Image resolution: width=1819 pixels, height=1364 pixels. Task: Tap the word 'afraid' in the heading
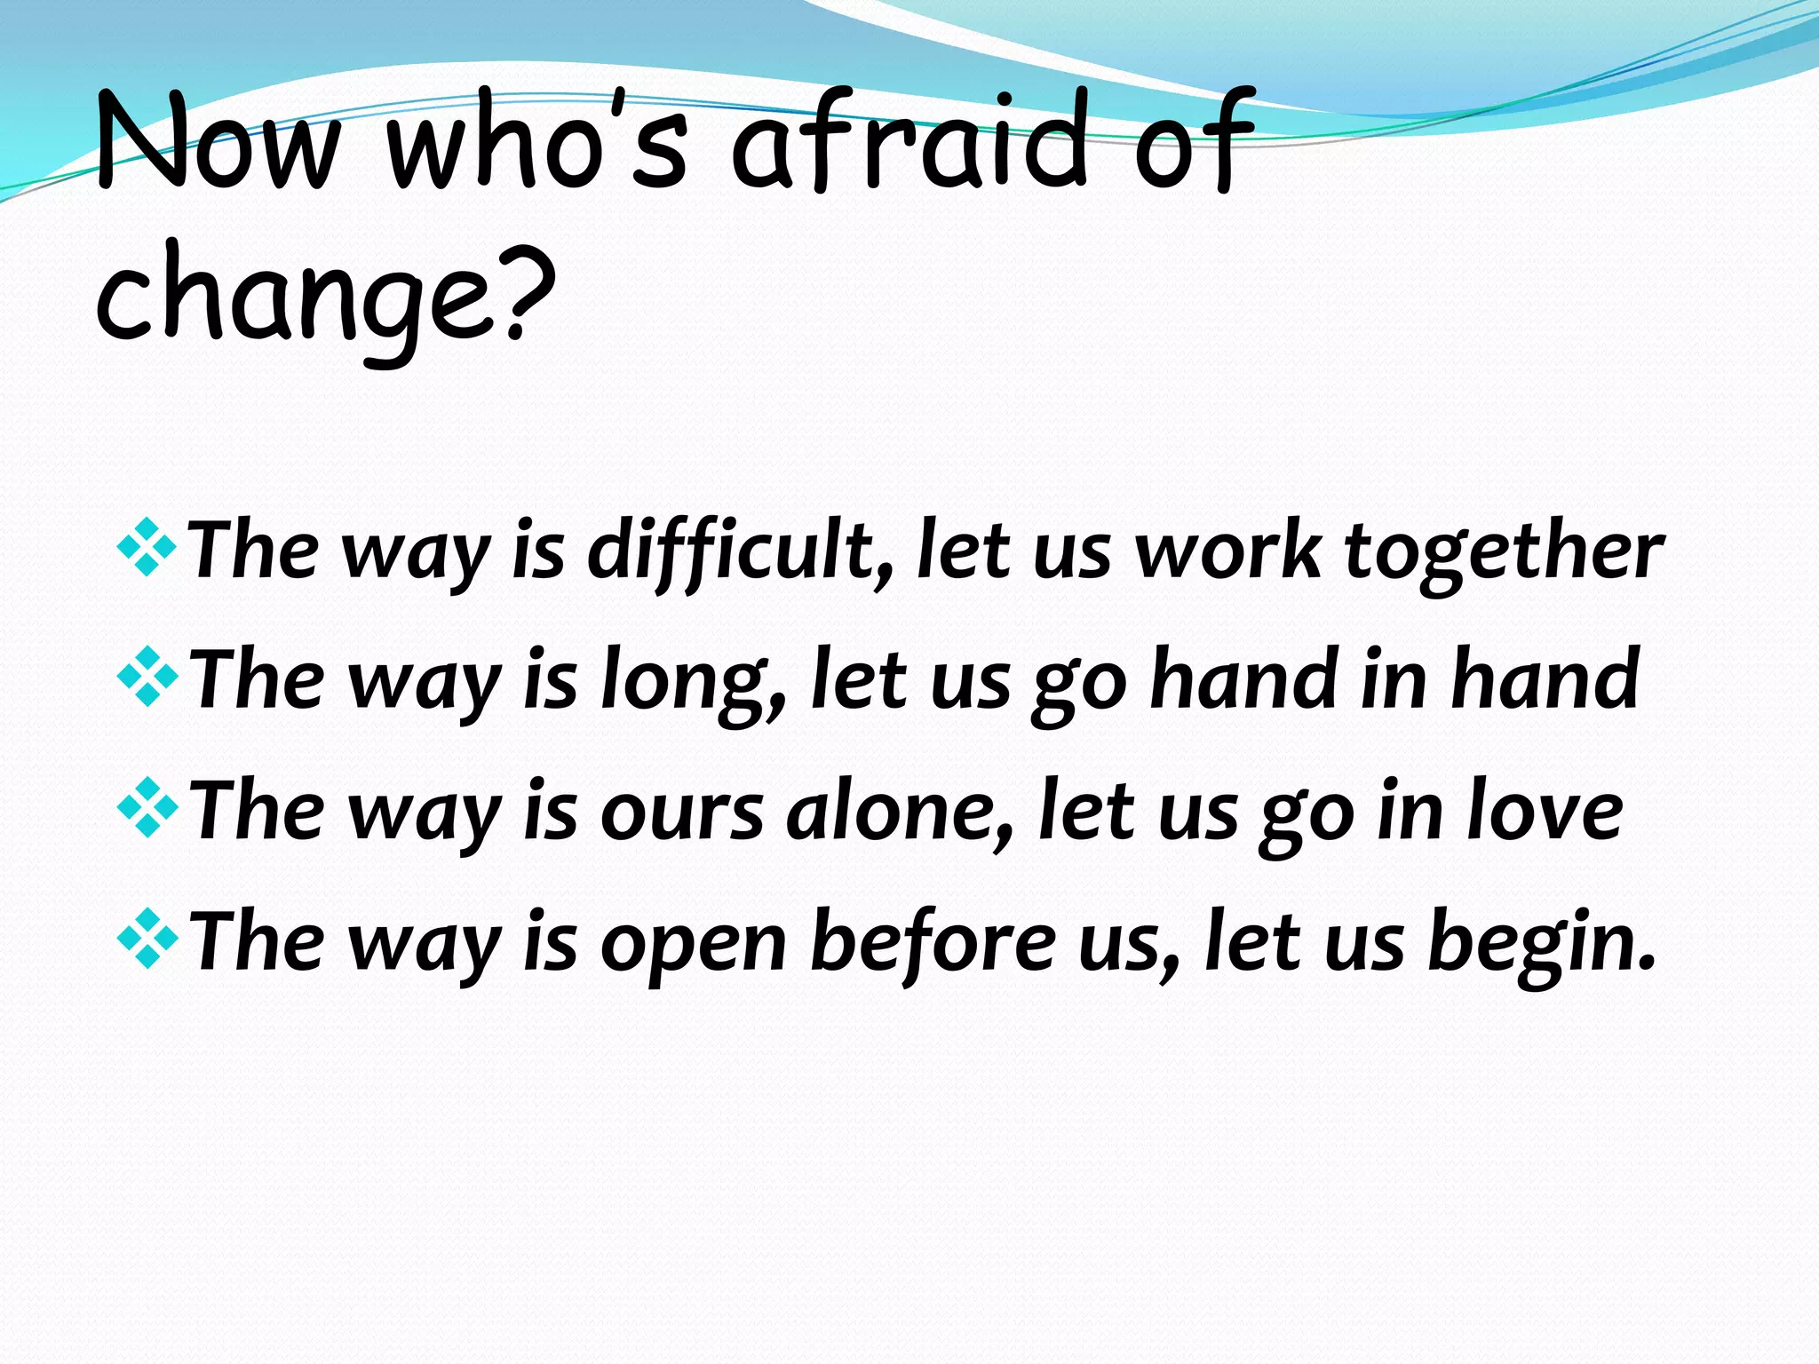[x=910, y=142]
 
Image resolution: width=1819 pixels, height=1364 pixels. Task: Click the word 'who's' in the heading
[x=537, y=142]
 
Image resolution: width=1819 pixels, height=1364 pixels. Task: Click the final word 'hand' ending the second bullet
[x=1545, y=679]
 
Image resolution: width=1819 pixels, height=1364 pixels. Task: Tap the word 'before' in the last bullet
[x=933, y=941]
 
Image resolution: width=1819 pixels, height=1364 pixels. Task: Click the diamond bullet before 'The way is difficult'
[x=147, y=551]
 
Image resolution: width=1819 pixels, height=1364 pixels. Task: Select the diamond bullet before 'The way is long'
[x=147, y=680]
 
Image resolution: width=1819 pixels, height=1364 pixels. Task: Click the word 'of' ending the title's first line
[x=1195, y=142]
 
